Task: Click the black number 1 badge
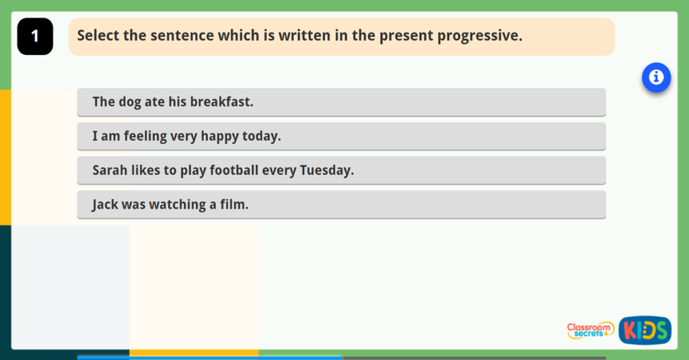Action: point(35,36)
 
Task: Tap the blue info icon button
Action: point(656,78)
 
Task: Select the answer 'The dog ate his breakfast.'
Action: point(341,102)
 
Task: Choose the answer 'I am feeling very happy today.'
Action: point(341,137)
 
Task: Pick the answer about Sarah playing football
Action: point(341,171)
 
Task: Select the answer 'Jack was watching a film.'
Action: point(341,205)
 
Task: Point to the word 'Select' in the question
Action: point(98,36)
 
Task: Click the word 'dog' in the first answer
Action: point(130,102)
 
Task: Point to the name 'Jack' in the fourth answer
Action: point(105,205)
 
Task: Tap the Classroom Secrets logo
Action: point(590,330)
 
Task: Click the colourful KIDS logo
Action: point(645,330)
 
